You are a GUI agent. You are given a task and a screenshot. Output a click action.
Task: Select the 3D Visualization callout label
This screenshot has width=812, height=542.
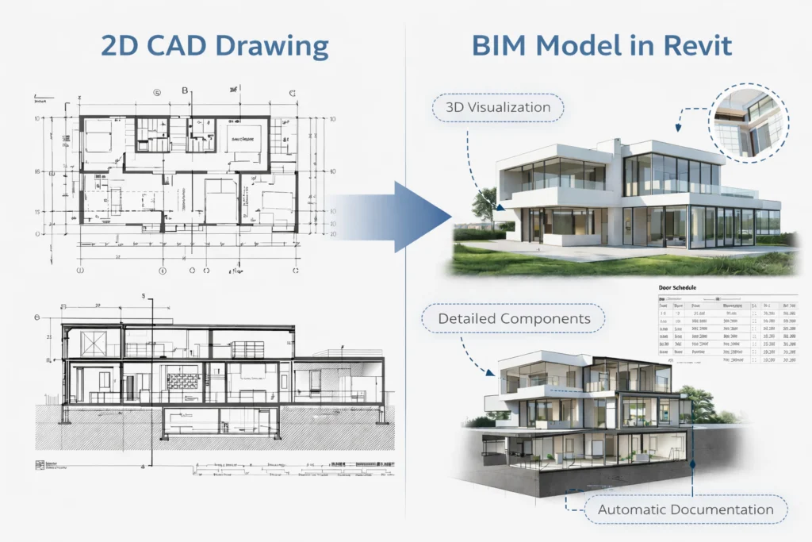498,107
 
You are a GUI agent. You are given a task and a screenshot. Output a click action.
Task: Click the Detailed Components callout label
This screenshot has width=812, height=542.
514,319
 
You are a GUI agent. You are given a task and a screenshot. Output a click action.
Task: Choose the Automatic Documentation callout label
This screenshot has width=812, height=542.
686,509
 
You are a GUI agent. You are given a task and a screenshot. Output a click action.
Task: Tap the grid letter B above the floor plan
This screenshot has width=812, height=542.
186,90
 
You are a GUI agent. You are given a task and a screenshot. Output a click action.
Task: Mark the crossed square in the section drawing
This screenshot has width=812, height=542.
93,343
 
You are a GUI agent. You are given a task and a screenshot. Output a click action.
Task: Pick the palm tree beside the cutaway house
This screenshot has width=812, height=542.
700,406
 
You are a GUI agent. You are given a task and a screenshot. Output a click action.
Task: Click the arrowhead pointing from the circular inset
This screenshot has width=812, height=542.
678,127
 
